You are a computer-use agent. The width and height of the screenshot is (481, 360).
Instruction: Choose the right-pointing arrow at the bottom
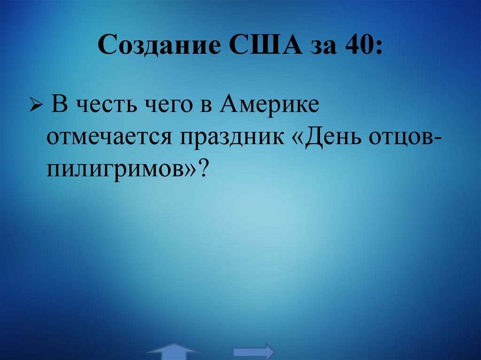254,351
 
